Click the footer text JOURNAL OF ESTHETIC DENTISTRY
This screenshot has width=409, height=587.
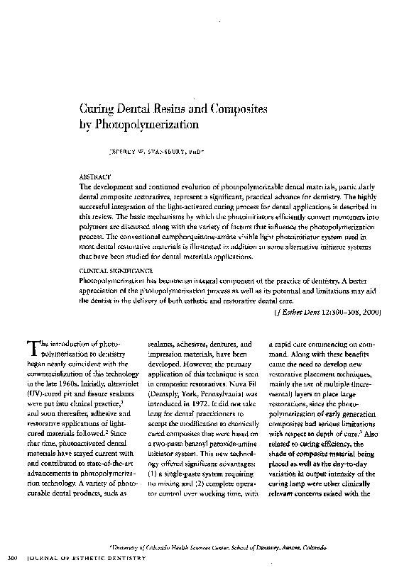click(x=85, y=559)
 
